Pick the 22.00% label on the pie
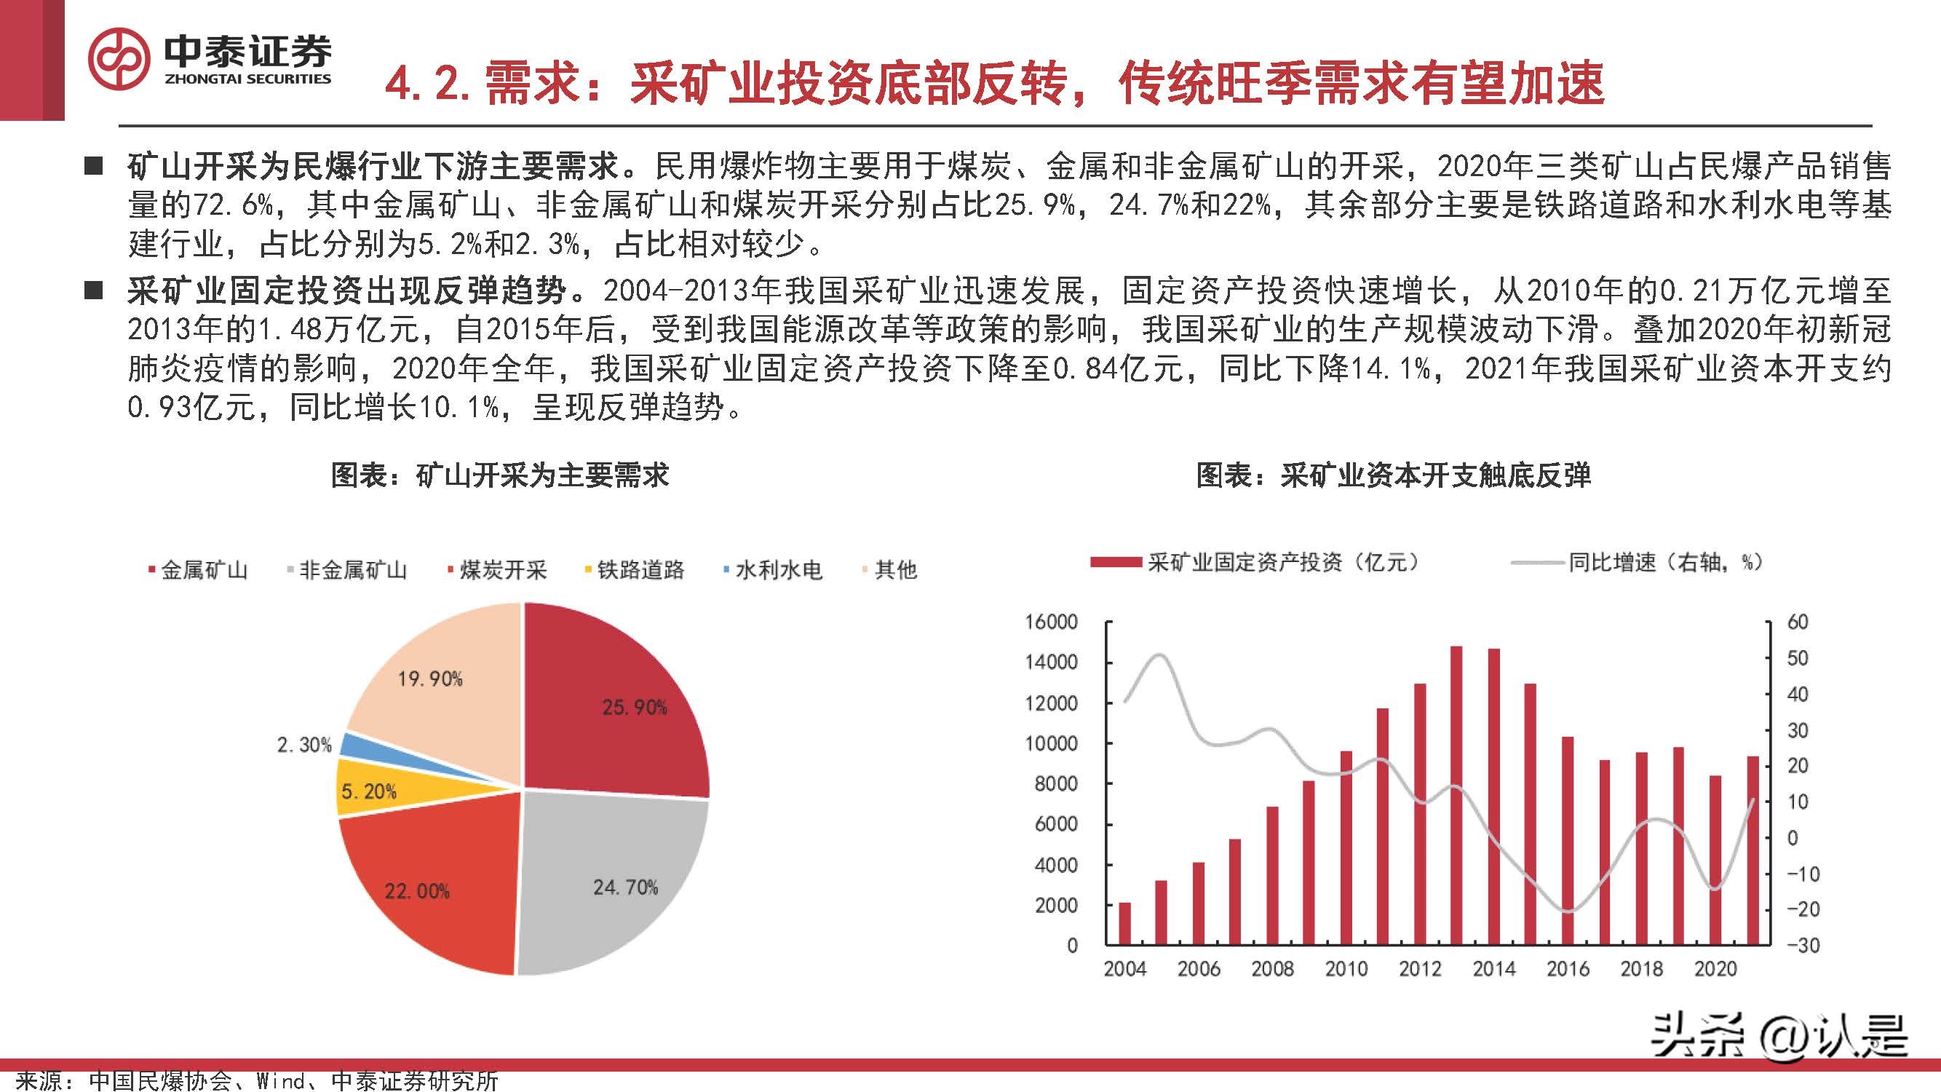click(x=417, y=892)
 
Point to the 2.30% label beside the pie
click(x=303, y=745)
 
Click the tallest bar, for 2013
click(x=1456, y=795)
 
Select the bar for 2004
click(x=1124, y=923)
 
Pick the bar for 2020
click(x=1715, y=860)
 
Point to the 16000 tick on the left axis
click(x=1051, y=622)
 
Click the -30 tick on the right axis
click(x=1801, y=945)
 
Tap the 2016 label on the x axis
click(x=1567, y=969)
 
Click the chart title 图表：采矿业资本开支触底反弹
click(x=1393, y=475)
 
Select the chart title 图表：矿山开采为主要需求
click(x=499, y=475)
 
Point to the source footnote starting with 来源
click(x=256, y=1080)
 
